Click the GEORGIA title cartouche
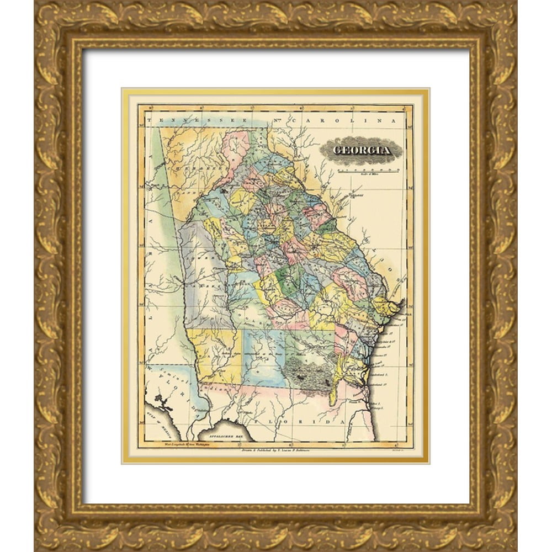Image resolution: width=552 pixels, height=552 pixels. (362, 150)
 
